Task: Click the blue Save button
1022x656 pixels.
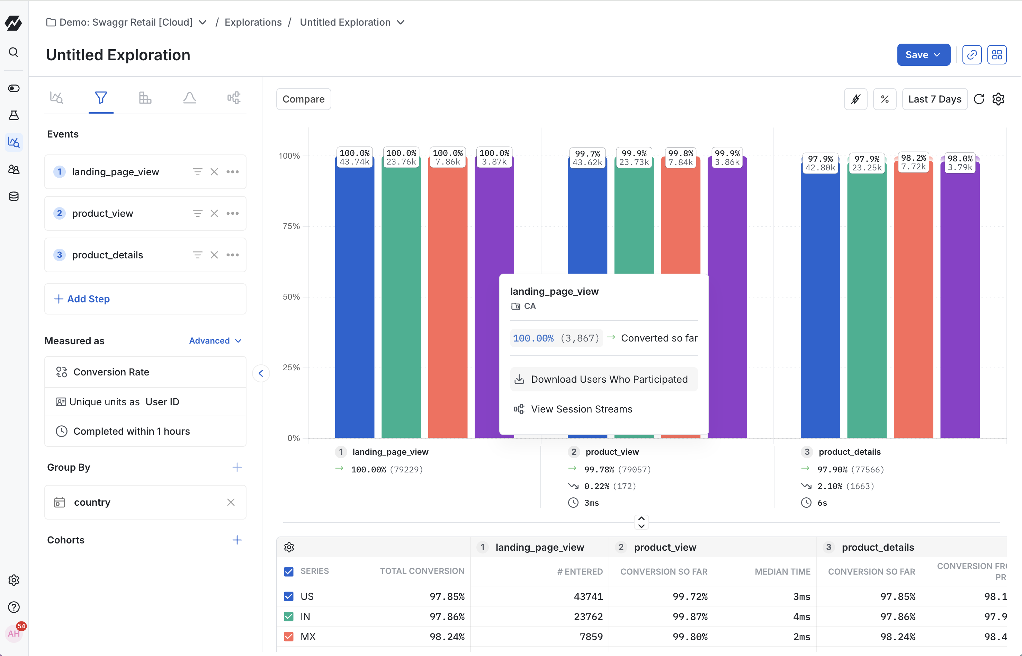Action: coord(923,55)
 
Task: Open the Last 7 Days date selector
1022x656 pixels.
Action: coord(934,99)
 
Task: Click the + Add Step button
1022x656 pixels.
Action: coord(145,299)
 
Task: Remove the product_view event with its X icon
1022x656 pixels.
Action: coord(214,213)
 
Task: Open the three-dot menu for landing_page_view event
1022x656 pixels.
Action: coord(232,172)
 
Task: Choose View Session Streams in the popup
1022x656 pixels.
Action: coord(581,409)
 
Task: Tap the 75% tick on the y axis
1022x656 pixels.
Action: coord(292,226)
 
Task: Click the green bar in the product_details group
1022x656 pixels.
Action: coord(866,298)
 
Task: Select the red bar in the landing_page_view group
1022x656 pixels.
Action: coord(447,298)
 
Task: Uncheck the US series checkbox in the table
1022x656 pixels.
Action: coord(289,596)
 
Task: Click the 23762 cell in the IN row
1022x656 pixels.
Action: coord(588,617)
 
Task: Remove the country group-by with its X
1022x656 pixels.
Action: coord(231,502)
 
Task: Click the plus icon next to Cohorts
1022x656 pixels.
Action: coord(237,540)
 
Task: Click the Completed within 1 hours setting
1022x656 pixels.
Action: coord(131,431)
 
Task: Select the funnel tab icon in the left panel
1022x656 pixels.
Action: coord(101,98)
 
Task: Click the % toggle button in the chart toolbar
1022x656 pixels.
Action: coord(884,99)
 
